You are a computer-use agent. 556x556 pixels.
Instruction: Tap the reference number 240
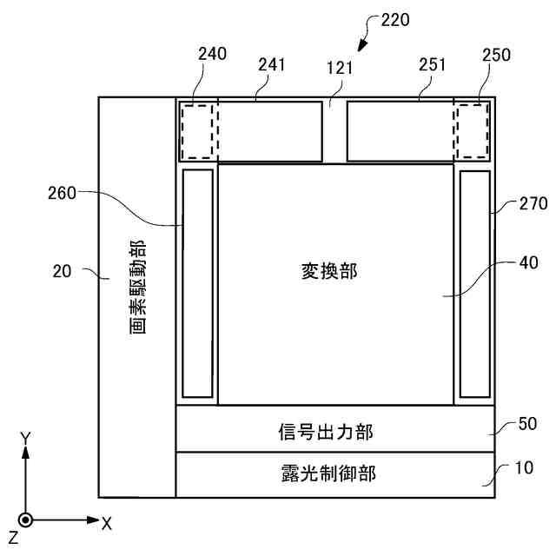(x=212, y=54)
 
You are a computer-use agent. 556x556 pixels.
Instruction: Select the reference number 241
(x=273, y=64)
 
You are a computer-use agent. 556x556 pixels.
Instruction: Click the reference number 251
(x=431, y=64)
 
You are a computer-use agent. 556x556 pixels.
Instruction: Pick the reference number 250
(x=498, y=54)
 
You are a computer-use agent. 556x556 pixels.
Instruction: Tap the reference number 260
(x=62, y=194)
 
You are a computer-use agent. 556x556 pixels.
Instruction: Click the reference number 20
(x=62, y=271)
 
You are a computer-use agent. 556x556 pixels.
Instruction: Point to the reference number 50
(x=527, y=425)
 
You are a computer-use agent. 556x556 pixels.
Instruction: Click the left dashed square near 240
(x=199, y=131)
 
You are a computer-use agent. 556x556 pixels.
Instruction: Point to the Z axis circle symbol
(x=27, y=520)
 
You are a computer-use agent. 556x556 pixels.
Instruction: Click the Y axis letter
(x=27, y=439)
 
